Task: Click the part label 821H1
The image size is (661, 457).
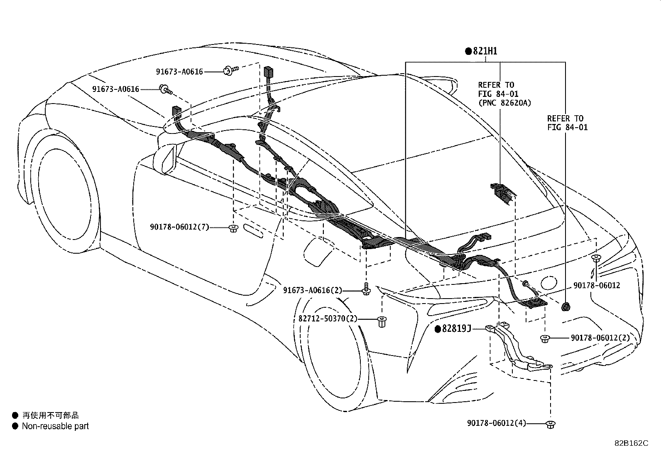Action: (x=485, y=51)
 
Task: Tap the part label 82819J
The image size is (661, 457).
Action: (x=456, y=329)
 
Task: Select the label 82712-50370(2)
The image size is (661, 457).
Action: (x=328, y=319)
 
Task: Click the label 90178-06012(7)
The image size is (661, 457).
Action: (x=179, y=227)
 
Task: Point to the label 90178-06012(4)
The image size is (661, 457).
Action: (x=497, y=423)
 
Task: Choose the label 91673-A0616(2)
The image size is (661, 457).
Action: (x=313, y=290)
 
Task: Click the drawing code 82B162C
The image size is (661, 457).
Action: (x=631, y=443)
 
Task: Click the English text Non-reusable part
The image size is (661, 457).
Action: (x=56, y=426)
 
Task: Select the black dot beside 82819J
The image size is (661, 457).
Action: (x=438, y=329)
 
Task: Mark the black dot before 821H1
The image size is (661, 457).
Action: (x=468, y=51)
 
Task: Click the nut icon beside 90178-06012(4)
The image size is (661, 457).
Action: (x=550, y=424)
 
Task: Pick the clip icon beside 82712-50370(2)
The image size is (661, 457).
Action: (x=382, y=321)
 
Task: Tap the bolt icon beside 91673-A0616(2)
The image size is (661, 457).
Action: (x=366, y=289)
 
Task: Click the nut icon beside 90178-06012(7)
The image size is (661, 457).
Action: (x=233, y=228)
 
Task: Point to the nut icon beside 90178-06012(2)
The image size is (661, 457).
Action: (x=545, y=338)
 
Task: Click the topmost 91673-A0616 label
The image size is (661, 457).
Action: (x=179, y=72)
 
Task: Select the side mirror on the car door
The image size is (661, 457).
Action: (x=166, y=159)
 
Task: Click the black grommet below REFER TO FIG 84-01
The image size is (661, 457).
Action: (x=566, y=307)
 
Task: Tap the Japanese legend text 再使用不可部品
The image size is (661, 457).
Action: (x=51, y=415)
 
